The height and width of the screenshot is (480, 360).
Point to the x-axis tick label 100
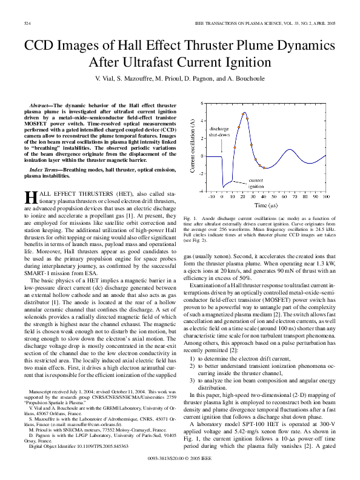[325, 197]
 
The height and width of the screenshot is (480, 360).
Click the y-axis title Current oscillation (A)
[192, 147]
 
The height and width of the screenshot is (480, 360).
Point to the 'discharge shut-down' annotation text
[219, 132]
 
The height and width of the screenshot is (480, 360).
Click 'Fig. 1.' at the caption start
[190, 217]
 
